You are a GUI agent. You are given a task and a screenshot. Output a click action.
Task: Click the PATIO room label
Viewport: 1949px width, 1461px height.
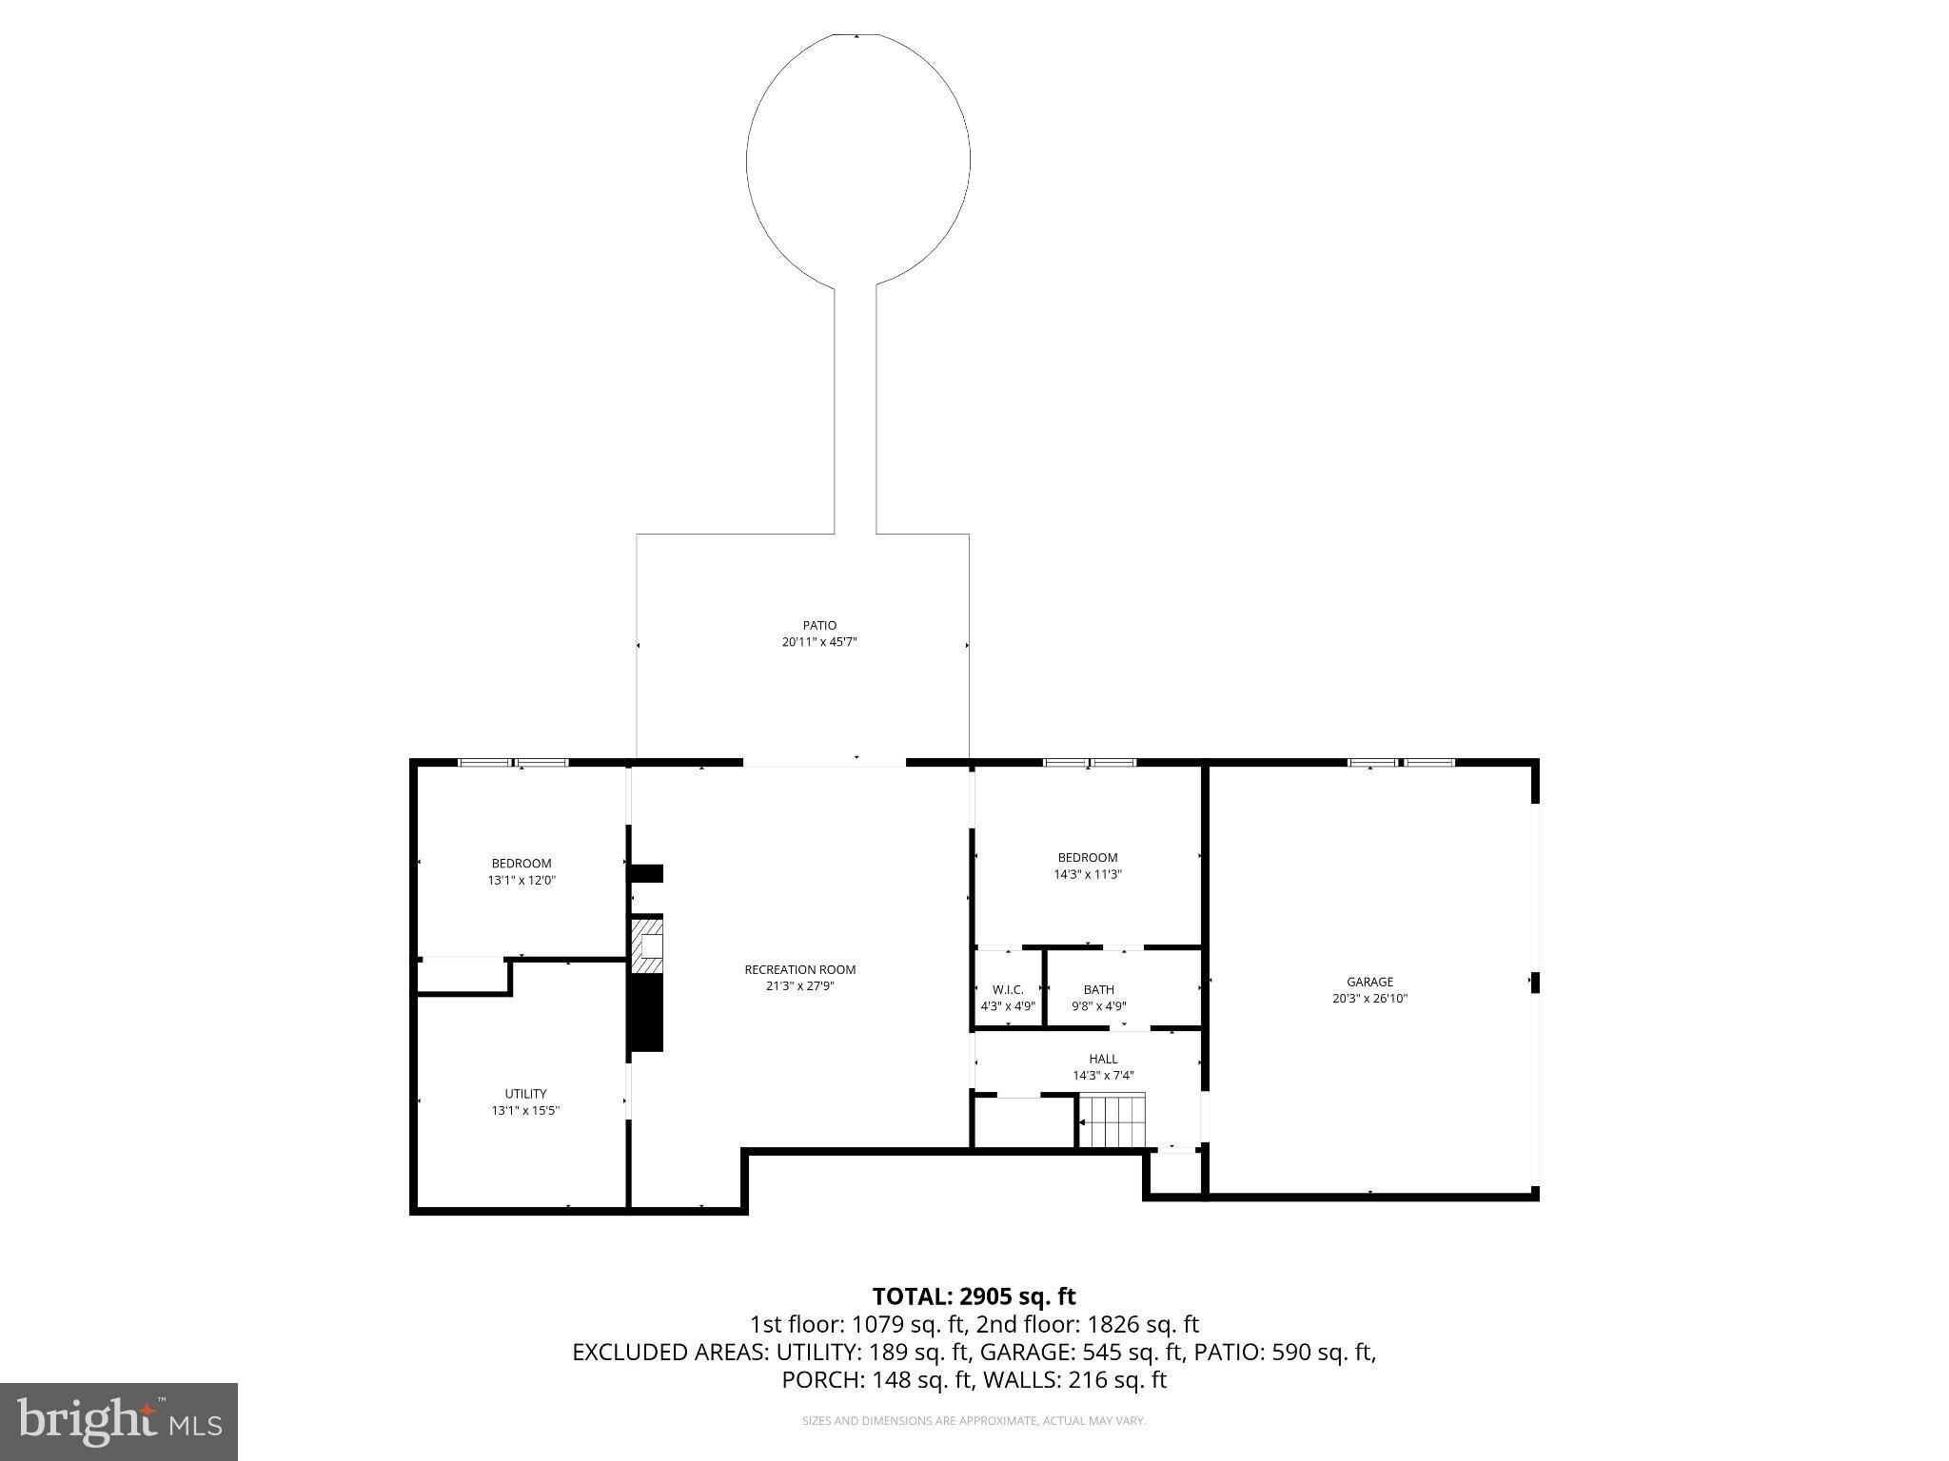819,625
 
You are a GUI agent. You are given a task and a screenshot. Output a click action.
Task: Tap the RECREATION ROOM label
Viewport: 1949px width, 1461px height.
799,969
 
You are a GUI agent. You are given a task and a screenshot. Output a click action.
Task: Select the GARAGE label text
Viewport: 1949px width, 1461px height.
1369,982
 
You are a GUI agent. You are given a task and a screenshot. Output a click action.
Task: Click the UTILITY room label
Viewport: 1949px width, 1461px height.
525,1094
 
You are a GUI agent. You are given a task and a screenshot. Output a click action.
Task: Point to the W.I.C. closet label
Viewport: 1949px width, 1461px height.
1008,989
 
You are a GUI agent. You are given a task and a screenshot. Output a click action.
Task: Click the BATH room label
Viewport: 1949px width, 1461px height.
1098,989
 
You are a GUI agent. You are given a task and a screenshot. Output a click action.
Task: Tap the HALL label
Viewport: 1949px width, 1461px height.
1103,1059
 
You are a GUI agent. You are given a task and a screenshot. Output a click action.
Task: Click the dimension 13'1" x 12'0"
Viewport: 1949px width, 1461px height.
522,881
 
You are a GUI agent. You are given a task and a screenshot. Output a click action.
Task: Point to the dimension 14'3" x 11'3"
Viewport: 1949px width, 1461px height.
1088,874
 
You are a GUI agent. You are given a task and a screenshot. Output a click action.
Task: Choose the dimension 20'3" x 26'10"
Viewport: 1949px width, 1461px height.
1369,999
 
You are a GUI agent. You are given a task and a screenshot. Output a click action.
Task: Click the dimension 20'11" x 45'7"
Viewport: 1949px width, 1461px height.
819,642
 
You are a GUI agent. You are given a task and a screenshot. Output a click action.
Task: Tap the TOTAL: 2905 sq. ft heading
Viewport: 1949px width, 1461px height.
974,1295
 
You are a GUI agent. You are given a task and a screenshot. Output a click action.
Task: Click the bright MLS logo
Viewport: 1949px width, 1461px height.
119,1421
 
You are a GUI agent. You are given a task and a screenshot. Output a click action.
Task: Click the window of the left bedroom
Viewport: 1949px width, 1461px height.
514,763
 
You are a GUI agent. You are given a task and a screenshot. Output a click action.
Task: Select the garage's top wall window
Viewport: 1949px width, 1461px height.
1401,763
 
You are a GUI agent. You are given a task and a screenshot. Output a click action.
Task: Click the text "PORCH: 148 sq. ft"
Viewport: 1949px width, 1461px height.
877,1379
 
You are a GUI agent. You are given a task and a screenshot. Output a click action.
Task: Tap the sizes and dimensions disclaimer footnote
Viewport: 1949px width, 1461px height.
974,1421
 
